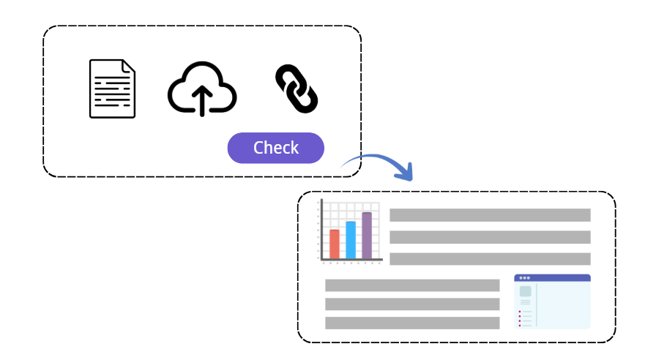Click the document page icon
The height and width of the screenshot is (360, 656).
point(112,89)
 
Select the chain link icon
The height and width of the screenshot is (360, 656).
point(296,89)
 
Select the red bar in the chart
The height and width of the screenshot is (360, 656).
point(335,244)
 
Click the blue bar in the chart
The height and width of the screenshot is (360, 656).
point(351,240)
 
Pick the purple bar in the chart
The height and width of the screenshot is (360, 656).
point(367,236)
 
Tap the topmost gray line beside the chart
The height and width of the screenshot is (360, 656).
point(490,215)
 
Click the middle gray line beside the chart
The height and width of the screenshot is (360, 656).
point(490,237)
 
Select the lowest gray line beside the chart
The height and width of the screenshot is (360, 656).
point(490,259)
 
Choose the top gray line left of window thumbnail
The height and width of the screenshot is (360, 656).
point(412,285)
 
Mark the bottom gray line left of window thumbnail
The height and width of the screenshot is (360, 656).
point(412,323)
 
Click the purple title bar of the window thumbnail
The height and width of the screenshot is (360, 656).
point(552,278)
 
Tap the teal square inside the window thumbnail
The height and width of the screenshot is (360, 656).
point(525,291)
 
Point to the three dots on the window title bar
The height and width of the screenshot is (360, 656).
point(524,278)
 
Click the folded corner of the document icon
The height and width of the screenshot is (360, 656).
point(129,67)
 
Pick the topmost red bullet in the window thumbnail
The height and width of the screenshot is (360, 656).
point(520,312)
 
